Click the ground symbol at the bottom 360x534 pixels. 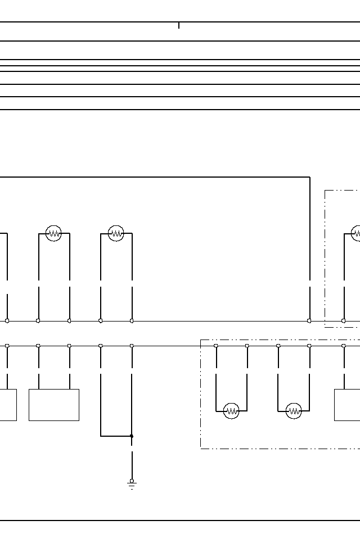pos(132,484)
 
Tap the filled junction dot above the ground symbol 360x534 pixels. pos(132,436)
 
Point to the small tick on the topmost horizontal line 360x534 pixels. pos(179,25)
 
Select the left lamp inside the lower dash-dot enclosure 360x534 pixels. pos(231,411)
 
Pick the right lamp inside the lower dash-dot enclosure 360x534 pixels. pos(294,411)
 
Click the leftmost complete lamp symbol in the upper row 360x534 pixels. pos(53,233)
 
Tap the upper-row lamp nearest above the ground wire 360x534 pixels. pos(116,233)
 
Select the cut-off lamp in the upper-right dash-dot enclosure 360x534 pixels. pos(356,233)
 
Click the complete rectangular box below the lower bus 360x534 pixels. pos(54,405)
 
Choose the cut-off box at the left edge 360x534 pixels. pos(8,405)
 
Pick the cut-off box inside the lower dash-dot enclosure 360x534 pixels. pos(347,405)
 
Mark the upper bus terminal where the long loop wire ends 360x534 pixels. pos(309,320)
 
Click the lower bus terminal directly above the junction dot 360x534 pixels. pos(132,346)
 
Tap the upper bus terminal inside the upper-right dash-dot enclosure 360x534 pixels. pos(344,320)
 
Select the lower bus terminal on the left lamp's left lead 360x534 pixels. pos(216,346)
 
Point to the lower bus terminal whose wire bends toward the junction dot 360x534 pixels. pos(101,346)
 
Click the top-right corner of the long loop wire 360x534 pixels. pos(309,177)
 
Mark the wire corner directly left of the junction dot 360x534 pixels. pos(101,436)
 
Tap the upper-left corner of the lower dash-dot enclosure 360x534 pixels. pos(201,340)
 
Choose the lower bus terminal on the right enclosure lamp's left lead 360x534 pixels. pos(278,346)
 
